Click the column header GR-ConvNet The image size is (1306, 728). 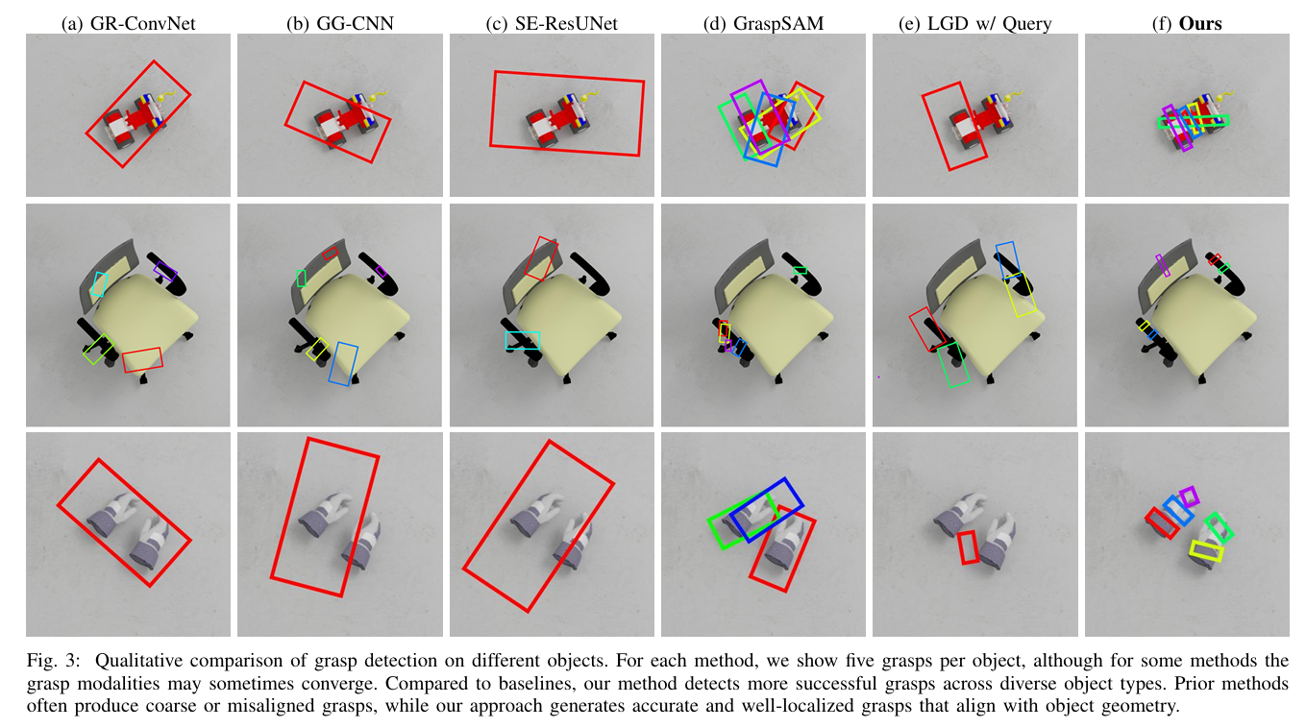coord(143,23)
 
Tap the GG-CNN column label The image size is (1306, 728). coord(355,23)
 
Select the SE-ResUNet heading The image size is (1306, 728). coord(566,23)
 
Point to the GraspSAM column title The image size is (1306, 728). coord(778,23)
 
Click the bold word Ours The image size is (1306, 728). coord(1200,23)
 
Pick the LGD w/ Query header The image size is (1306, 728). coord(990,23)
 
